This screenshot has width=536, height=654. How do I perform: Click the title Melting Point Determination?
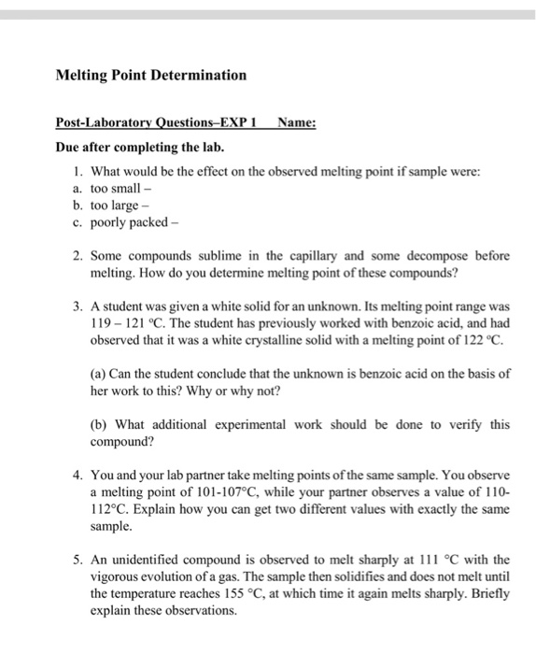tap(151, 75)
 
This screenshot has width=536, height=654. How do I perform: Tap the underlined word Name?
tap(296, 121)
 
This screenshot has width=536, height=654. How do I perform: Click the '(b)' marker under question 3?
tap(100, 424)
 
